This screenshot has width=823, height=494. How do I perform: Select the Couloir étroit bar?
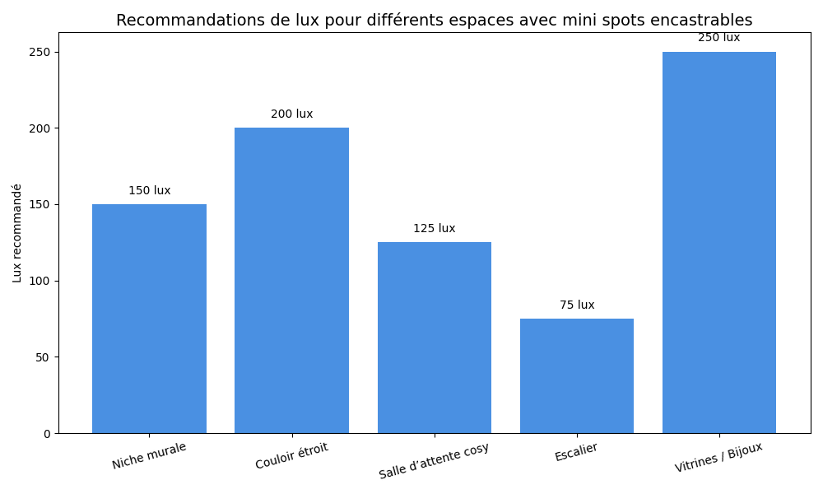291,281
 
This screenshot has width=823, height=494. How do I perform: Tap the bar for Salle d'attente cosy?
435,338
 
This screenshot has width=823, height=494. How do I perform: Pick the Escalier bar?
577,375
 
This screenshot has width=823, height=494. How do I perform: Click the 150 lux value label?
150,191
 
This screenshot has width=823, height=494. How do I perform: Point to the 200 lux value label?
292,114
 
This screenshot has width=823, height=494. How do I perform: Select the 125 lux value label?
435,229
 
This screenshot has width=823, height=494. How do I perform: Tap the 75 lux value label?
577,305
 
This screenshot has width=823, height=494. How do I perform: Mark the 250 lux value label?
719,38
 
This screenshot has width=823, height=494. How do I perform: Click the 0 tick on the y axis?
47,434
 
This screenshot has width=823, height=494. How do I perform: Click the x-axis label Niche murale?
149,455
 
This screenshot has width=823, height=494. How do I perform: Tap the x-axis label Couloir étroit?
291,456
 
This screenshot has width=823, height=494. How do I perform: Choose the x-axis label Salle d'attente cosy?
434,461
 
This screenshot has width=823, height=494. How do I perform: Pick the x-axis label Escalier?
576,452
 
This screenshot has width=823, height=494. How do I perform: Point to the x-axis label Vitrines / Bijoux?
718,458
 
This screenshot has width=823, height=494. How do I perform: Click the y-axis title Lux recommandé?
17,233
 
